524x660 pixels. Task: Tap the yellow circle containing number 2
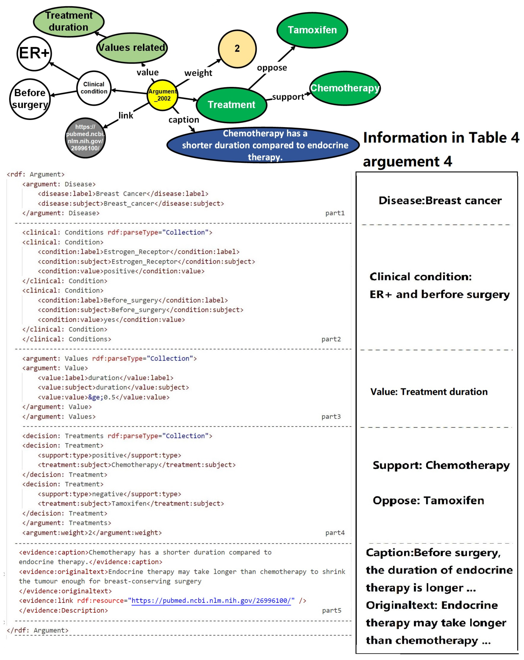pyautogui.click(x=237, y=49)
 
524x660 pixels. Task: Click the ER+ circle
pyautogui.click(x=34, y=54)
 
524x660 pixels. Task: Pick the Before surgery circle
pyautogui.click(x=30, y=99)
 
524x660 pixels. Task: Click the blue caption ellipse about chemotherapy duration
pyautogui.click(x=263, y=145)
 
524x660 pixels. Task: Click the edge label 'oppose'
pyautogui.click(x=272, y=68)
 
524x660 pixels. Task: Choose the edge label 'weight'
pyautogui.click(x=198, y=73)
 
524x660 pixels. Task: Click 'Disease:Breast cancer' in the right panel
pyautogui.click(x=440, y=201)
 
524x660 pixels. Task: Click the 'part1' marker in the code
pyautogui.click(x=335, y=213)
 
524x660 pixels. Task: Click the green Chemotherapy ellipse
pyautogui.click(x=345, y=88)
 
